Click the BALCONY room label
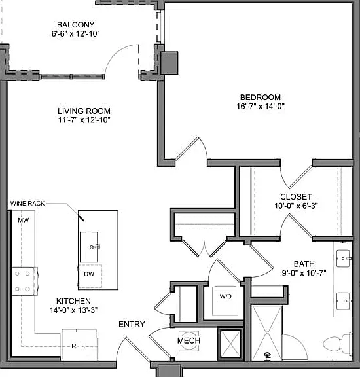(75, 24)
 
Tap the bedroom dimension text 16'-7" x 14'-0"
(261, 106)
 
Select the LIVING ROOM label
(84, 111)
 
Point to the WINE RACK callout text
(27, 203)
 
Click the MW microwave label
(24, 220)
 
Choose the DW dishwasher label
(89, 274)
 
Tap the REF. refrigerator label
(79, 346)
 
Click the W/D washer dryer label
(226, 296)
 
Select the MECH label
(189, 340)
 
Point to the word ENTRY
(132, 324)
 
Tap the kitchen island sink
(89, 247)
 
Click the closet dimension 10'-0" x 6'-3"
(297, 206)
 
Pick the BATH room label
(304, 264)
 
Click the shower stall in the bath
(267, 332)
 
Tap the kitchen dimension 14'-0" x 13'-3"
(73, 310)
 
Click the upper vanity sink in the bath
(343, 259)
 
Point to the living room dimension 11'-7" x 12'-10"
(84, 120)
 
